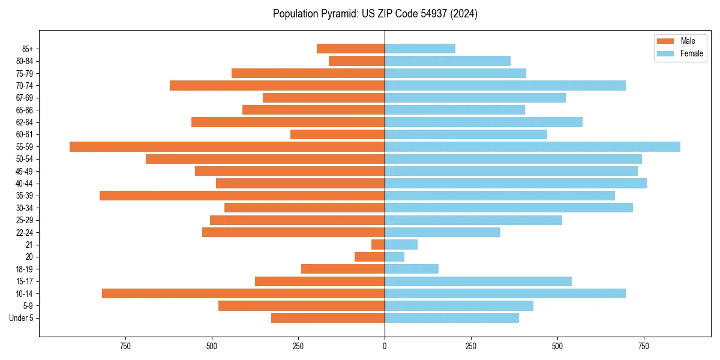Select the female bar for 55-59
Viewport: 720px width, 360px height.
[532, 146]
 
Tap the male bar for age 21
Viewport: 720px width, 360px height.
[378, 245]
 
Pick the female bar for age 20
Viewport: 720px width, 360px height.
[394, 257]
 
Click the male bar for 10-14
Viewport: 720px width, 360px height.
[243, 293]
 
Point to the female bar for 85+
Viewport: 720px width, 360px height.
[420, 49]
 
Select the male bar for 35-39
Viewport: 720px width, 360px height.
[242, 196]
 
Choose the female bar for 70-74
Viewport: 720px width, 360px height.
[505, 85]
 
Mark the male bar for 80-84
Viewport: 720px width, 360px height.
[356, 61]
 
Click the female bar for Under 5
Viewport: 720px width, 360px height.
[451, 318]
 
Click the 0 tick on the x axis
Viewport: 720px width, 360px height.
[385, 346]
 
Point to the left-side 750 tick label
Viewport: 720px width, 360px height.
[125, 346]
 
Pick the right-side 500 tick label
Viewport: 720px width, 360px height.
[557, 346]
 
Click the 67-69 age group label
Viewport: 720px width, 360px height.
[25, 98]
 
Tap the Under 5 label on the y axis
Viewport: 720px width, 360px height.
[21, 318]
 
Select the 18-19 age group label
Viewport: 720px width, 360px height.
[25, 269]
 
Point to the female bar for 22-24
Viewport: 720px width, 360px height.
[442, 232]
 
